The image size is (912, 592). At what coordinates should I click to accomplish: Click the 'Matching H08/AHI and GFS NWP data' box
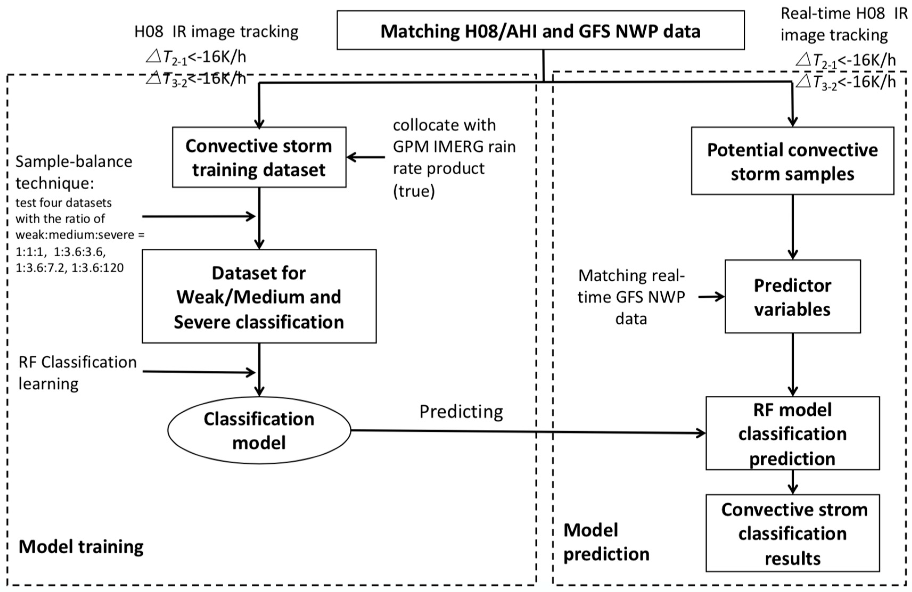[540, 31]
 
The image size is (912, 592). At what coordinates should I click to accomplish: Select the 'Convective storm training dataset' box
[259, 158]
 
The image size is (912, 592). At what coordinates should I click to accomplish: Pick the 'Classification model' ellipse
[259, 430]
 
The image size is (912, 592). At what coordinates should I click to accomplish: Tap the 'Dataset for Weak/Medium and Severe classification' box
[259, 297]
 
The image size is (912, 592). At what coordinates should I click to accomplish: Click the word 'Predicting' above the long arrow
[461, 412]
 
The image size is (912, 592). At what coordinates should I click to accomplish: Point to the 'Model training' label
[81, 547]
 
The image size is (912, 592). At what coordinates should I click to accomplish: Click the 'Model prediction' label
[606, 542]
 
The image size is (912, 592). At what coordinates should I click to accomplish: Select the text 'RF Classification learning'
[77, 372]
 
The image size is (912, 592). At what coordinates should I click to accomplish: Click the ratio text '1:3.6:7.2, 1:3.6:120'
[70, 267]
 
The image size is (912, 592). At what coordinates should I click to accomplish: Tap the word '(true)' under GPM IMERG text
[414, 191]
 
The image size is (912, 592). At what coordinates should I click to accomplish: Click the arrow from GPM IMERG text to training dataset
[366, 157]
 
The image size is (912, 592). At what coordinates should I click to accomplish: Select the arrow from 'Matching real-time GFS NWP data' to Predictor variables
[711, 297]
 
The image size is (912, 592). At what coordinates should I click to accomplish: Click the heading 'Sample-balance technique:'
[73, 172]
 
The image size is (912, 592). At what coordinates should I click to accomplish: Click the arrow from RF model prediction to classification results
[793, 482]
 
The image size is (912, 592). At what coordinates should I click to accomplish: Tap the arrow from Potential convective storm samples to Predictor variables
[793, 227]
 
